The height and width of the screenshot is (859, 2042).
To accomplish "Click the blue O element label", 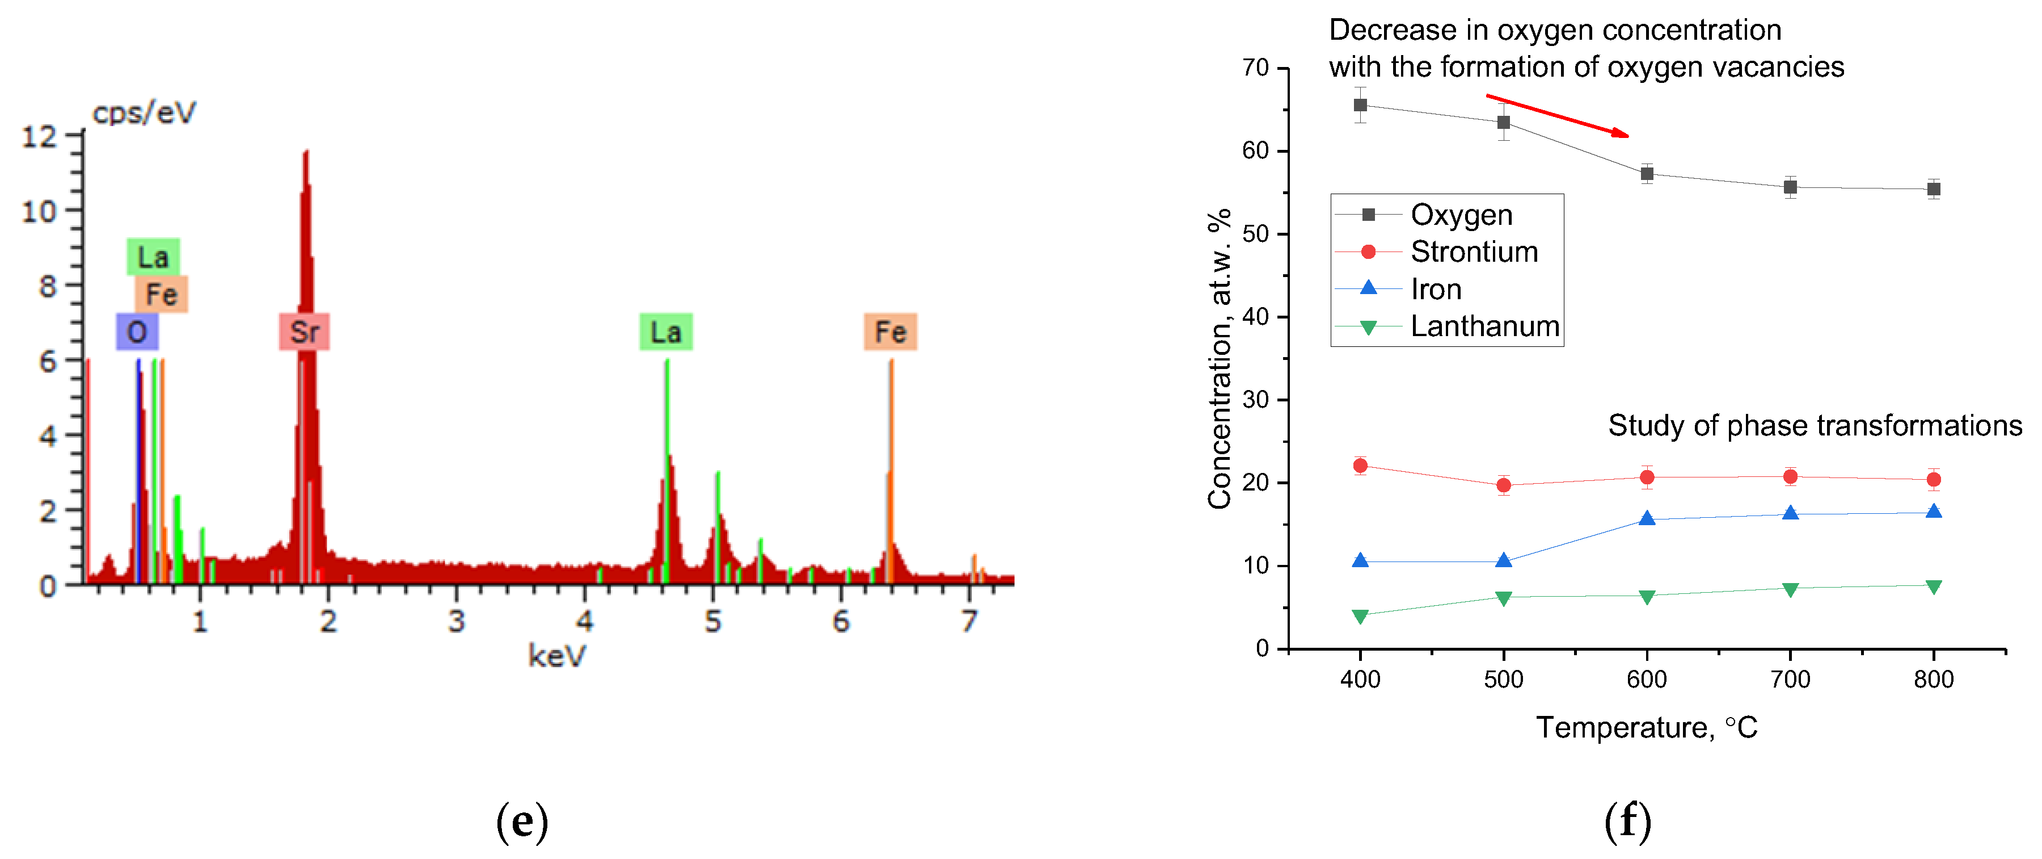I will pyautogui.click(x=137, y=332).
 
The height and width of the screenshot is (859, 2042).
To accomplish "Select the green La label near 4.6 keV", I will pyautogui.click(x=666, y=332).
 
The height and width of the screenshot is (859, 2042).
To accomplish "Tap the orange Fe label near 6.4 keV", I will pyautogui.click(x=889, y=332).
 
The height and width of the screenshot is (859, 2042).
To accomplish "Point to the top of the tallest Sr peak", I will pyautogui.click(x=306, y=152).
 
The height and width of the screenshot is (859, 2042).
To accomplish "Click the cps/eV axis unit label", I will pyautogui.click(x=144, y=112).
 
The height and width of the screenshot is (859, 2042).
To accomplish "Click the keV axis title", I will pyautogui.click(x=556, y=656).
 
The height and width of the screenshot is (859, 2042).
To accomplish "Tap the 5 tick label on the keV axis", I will pyautogui.click(x=712, y=621).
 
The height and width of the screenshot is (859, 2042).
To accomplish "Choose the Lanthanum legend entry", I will pyautogui.click(x=1484, y=326).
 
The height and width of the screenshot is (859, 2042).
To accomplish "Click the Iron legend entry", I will pyautogui.click(x=1436, y=289).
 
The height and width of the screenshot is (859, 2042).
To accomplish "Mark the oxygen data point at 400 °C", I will pyautogui.click(x=1360, y=104).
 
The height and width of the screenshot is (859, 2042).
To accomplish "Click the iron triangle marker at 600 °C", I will pyautogui.click(x=1647, y=519).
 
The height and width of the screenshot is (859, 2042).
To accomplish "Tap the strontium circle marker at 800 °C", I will pyautogui.click(x=1934, y=479).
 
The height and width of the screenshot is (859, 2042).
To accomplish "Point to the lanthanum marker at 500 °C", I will pyautogui.click(x=1503, y=597).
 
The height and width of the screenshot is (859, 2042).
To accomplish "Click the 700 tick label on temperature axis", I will pyautogui.click(x=1790, y=679).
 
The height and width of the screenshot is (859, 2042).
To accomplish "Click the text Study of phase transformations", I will pyautogui.click(x=1815, y=425).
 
